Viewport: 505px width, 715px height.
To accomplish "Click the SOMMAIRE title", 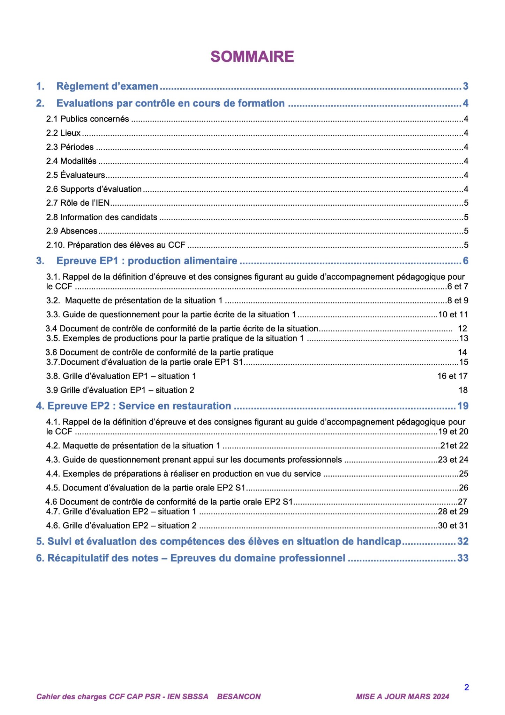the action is tap(252, 57).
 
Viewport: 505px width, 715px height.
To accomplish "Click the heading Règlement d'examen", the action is tap(107, 86).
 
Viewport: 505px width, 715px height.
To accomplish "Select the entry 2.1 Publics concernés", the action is tap(88, 119).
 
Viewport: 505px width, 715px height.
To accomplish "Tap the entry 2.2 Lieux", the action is tap(63, 133).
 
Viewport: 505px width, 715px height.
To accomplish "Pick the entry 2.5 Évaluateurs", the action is tap(75, 175).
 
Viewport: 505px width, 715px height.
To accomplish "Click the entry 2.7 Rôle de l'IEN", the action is tap(78, 203).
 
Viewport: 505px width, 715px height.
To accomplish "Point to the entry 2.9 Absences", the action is tap(71, 231).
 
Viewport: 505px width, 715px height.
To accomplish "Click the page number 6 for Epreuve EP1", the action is tap(465, 261).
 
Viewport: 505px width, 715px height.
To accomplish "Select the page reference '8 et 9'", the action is tap(458, 301).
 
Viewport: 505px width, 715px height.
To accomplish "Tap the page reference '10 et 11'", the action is tap(453, 315).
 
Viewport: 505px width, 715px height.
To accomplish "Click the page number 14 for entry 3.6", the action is tap(462, 352).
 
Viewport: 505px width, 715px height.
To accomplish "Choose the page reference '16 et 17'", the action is tap(452, 376).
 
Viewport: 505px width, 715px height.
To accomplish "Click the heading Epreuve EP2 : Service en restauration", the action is tap(139, 406).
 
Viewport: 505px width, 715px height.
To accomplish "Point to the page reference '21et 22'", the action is tap(454, 446).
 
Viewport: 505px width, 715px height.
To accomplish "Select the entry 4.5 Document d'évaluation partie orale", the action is tap(145, 488).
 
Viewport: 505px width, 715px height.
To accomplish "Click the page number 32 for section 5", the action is tap(463, 541).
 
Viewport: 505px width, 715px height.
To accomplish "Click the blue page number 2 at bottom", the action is tap(466, 687).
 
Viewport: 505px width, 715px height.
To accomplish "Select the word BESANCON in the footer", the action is tap(239, 697).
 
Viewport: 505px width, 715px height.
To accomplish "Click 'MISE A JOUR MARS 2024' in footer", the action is tap(402, 697).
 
